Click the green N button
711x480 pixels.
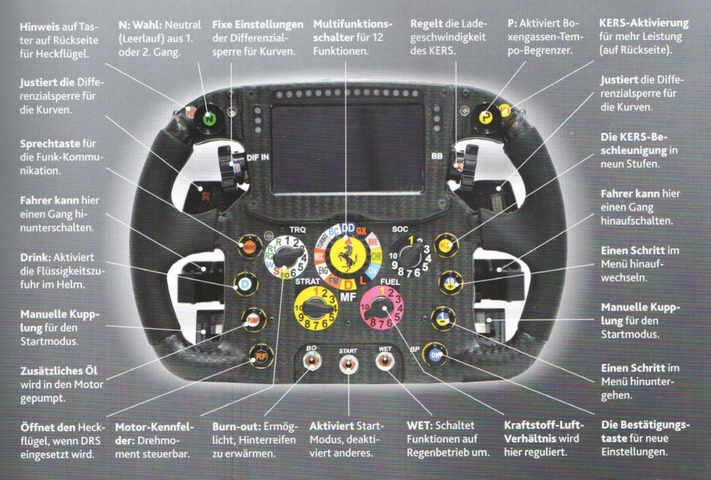click(x=209, y=120)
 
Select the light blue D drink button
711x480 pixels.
click(x=245, y=282)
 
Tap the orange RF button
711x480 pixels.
click(x=259, y=356)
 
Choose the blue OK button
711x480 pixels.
click(x=434, y=355)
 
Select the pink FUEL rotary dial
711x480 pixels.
click(x=381, y=309)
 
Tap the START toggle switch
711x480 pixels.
click(x=348, y=364)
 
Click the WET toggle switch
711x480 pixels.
click(x=384, y=363)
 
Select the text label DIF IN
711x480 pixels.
click(x=258, y=158)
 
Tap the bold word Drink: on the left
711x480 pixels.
click(x=38, y=256)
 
